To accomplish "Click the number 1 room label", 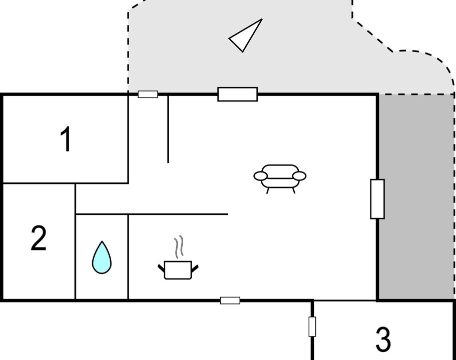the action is click(66, 139).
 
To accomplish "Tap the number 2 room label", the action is click(39, 238).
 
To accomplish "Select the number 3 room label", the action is click(383, 339).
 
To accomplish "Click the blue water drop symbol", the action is click(102, 257).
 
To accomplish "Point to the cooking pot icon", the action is click(178, 270).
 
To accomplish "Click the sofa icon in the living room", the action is click(280, 178).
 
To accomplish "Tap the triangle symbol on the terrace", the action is click(246, 35).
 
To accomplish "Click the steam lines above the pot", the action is click(179, 246).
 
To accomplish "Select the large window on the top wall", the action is click(238, 94).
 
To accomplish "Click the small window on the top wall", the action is click(148, 94).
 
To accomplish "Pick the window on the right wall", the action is click(377, 199).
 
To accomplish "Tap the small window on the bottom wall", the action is click(230, 300).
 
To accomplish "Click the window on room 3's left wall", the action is click(312, 326).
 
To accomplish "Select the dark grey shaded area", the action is click(416, 197).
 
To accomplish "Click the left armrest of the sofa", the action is click(261, 176).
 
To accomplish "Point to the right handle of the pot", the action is click(195, 268).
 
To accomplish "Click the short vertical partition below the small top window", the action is click(168, 129).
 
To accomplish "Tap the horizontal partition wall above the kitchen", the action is click(152, 214).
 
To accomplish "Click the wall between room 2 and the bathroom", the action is click(75, 241).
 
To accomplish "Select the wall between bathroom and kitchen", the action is click(128, 257).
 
